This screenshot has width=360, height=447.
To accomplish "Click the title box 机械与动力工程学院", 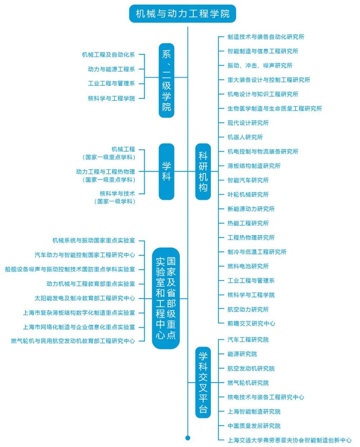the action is (182, 14).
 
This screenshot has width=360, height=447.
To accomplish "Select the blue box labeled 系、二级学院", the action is (167, 80).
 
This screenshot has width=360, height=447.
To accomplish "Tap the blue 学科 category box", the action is (167, 171).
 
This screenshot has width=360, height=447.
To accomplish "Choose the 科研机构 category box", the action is (203, 171).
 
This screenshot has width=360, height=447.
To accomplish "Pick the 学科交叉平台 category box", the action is (203, 382).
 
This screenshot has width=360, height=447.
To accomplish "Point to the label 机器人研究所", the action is (245, 137).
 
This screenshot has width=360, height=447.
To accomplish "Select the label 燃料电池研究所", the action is (248, 266).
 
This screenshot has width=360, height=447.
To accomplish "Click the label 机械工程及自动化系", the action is (108, 55).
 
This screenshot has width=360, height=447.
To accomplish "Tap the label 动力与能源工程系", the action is (111, 69).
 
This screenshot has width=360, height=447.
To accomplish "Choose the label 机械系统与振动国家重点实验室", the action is (93, 241).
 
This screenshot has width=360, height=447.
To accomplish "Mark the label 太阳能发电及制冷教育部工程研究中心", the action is (85, 298).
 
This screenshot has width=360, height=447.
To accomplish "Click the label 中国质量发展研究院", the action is (254, 426).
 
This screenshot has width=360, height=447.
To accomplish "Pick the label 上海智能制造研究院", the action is (254, 412).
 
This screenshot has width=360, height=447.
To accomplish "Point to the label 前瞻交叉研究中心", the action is (251, 323).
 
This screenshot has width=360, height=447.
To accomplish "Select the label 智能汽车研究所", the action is (248, 180).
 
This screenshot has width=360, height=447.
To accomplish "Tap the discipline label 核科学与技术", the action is (117, 194).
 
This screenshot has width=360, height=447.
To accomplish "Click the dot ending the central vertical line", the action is (188, 438).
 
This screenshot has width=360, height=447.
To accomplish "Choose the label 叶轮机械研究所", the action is (248, 195).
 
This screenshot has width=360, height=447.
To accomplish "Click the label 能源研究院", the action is (242, 354).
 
